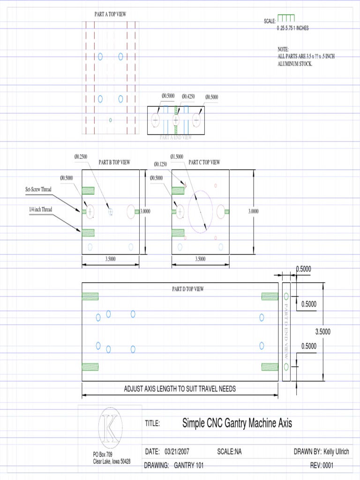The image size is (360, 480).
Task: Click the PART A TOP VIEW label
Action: coord(110,15)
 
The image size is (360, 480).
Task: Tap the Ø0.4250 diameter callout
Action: coord(188,96)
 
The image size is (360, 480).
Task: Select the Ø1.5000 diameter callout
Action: coord(177,157)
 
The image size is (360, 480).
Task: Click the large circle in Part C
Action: coord(200,211)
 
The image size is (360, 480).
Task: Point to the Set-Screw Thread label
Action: coord(38,189)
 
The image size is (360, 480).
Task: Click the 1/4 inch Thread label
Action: coord(40,210)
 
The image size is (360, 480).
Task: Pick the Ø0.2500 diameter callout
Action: coord(81,157)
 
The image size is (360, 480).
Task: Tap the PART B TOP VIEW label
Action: coord(114,163)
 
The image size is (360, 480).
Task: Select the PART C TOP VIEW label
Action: coord(204,162)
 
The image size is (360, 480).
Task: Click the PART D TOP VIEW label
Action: coord(187,289)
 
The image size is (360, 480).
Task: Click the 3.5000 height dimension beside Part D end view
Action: coord(322,332)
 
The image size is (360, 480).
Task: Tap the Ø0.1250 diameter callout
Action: coord(161,164)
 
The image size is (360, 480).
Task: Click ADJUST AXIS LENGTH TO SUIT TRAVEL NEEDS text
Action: coord(180,389)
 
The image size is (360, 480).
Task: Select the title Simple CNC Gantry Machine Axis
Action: coord(237,423)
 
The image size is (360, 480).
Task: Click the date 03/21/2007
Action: coord(177,452)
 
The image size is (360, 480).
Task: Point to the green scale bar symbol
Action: coord(286,18)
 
